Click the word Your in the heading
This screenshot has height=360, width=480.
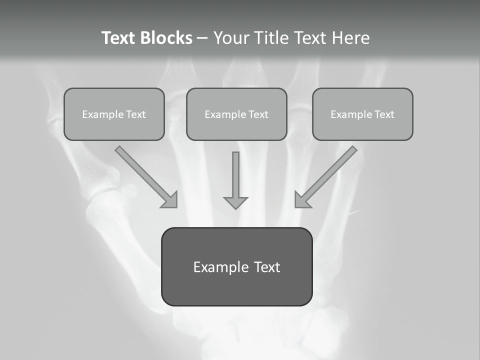pyautogui.click(x=232, y=38)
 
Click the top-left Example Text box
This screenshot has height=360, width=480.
pyautogui.click(x=114, y=114)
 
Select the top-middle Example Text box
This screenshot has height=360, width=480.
pyautogui.click(x=236, y=114)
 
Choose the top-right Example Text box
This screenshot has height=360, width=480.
pyautogui.click(x=362, y=114)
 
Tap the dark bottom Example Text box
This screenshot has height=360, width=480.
pyautogui.click(x=236, y=266)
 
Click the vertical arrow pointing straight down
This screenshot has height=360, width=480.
pyautogui.click(x=235, y=177)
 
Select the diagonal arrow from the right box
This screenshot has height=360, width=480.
pyautogui.click(x=327, y=175)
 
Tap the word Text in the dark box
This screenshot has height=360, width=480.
pyautogui.click(x=266, y=267)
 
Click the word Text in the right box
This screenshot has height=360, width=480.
pyautogui.click(x=384, y=114)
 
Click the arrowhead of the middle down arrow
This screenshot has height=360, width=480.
pyautogui.click(x=235, y=202)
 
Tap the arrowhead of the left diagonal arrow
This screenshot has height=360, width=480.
pyautogui.click(x=170, y=200)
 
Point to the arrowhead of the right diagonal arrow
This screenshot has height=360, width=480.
pyautogui.click(x=302, y=200)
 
